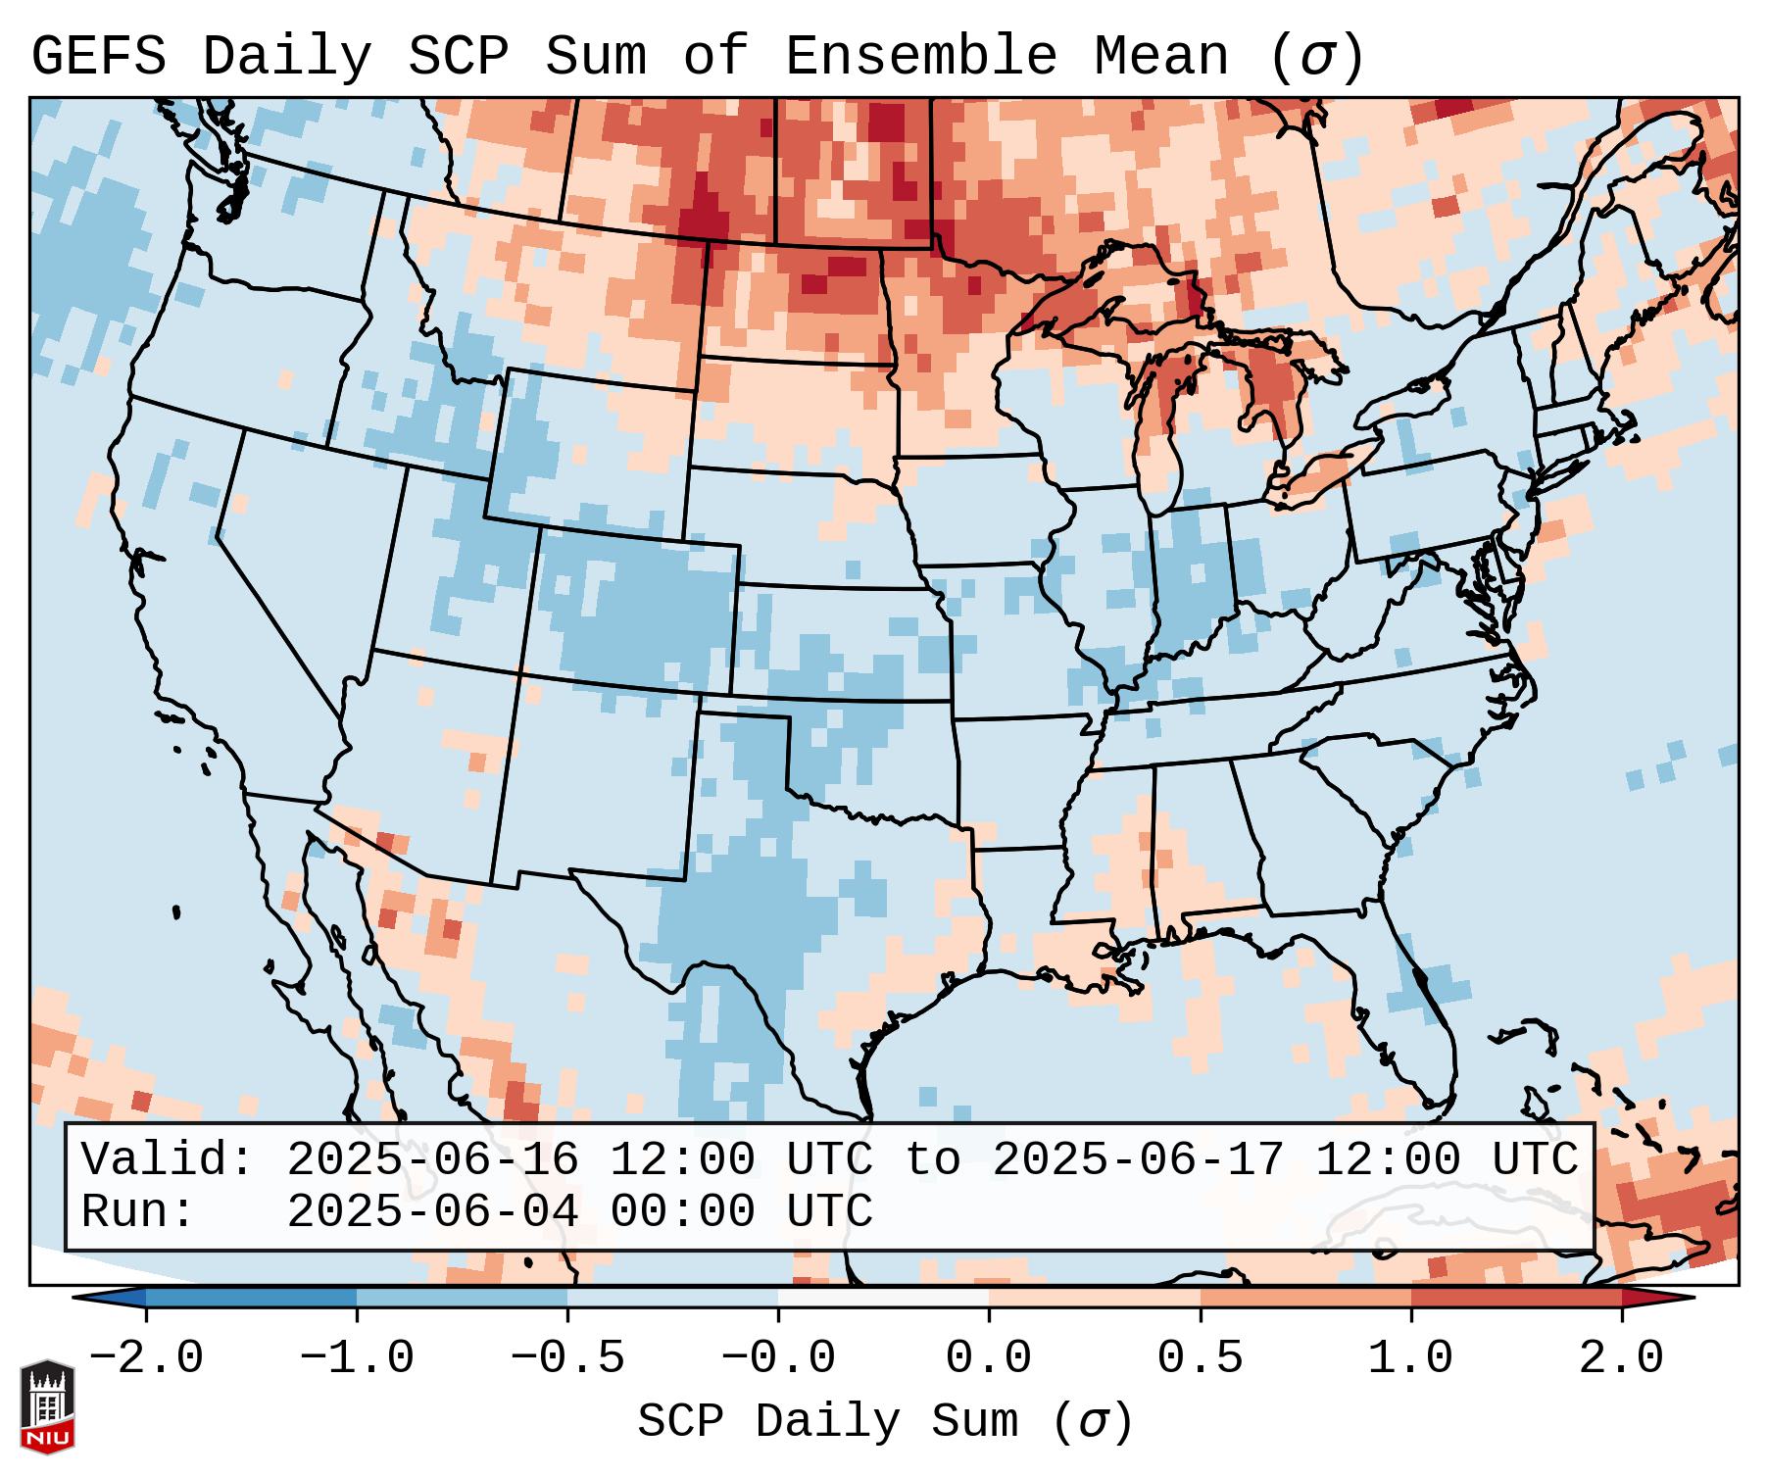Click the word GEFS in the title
point(98,57)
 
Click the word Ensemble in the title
point(920,57)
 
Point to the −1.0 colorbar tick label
point(356,1358)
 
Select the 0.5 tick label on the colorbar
point(1200,1358)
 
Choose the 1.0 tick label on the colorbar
point(1410,1358)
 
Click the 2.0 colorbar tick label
point(1621,1358)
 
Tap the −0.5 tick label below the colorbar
point(566,1358)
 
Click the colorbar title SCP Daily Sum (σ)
point(885,1422)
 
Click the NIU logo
point(47,1406)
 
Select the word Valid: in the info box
point(168,1159)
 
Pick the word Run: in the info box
point(138,1211)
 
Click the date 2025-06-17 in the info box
point(1138,1159)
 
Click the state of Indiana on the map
point(1191,578)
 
